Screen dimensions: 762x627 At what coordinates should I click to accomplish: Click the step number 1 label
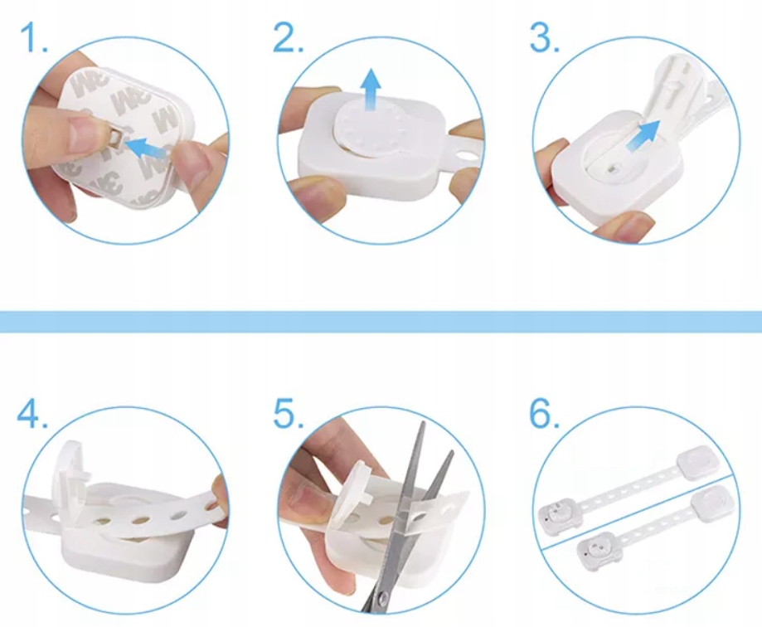[33, 37]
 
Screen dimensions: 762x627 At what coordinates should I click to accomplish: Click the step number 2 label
[289, 37]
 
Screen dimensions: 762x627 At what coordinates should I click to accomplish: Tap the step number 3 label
[544, 37]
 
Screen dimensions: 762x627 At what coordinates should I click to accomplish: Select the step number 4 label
[32, 414]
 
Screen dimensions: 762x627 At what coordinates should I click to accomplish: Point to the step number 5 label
[289, 414]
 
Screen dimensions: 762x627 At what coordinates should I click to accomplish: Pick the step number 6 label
[544, 414]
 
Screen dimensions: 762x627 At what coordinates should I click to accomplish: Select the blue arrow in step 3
[643, 134]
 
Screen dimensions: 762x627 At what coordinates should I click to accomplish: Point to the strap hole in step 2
[468, 158]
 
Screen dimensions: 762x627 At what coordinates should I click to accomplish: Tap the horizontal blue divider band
[381, 322]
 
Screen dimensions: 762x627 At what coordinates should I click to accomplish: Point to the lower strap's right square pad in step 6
[713, 502]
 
